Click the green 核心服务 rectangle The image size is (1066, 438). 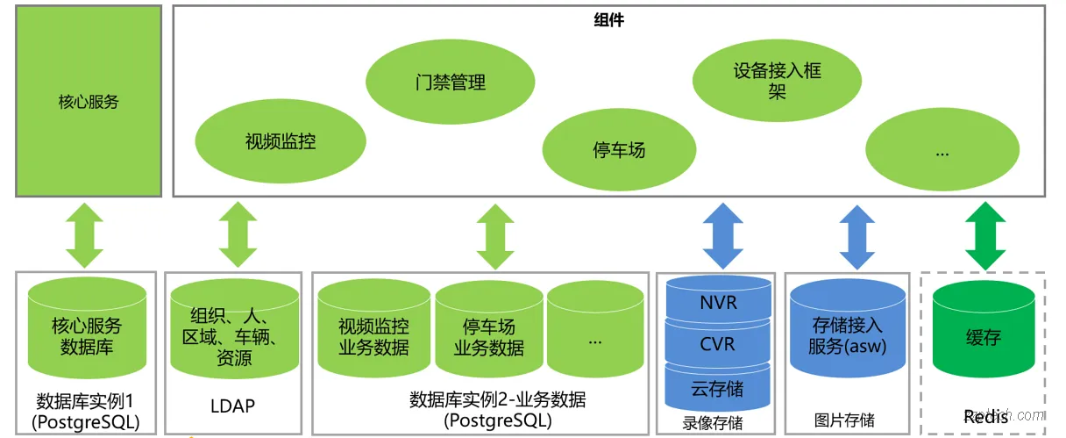click(x=89, y=101)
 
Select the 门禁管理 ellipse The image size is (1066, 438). click(x=450, y=83)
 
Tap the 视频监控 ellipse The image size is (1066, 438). click(x=281, y=141)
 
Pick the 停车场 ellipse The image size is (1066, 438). click(x=619, y=149)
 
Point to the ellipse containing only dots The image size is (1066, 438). click(x=942, y=152)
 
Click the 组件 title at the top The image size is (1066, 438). click(x=608, y=20)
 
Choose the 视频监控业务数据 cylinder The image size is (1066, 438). click(x=373, y=337)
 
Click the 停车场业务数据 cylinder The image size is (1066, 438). click(x=488, y=337)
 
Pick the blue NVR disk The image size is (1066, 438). click(x=718, y=303)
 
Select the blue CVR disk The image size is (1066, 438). click(x=718, y=344)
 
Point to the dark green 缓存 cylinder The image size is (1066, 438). click(x=983, y=337)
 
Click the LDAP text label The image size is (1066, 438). click(x=233, y=406)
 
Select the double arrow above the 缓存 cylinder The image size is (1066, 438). click(x=984, y=235)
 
